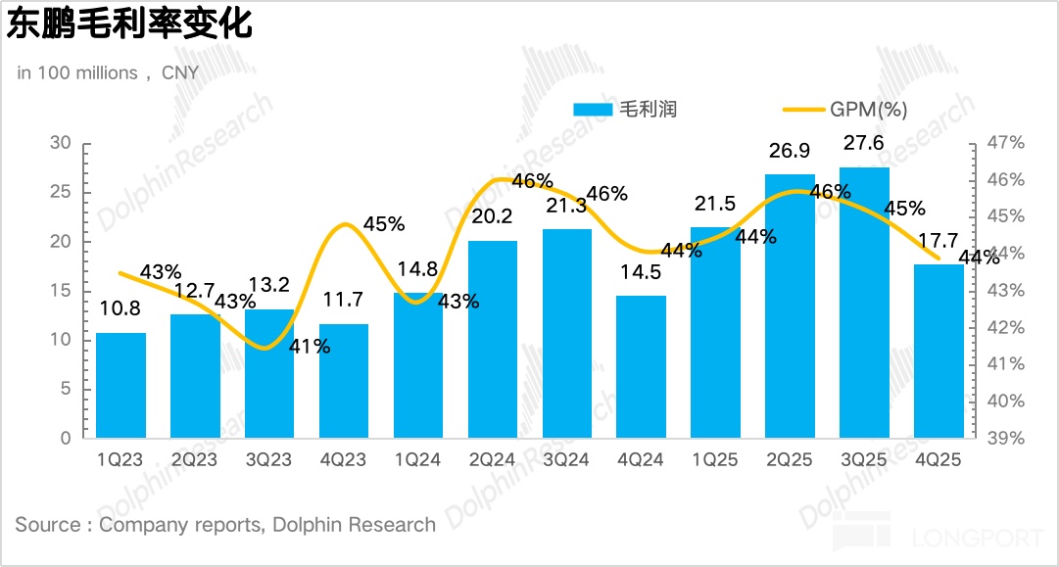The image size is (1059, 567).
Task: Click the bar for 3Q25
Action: click(x=864, y=303)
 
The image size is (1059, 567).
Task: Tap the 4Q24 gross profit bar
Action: click(x=641, y=366)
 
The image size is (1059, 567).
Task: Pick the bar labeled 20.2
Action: click(x=493, y=339)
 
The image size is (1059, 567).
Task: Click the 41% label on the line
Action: click(x=310, y=346)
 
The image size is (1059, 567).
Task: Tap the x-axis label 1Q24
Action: click(x=417, y=460)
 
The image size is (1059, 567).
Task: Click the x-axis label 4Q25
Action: click(x=938, y=460)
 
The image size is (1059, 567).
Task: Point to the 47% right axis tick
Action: click(x=1004, y=143)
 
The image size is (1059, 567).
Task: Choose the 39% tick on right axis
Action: click(x=1004, y=438)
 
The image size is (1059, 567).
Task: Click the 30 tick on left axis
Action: click(x=61, y=143)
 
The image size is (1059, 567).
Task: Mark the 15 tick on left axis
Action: click(x=61, y=291)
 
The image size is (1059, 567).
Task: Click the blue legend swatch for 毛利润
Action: click(x=592, y=110)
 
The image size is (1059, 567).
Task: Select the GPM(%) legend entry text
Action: click(x=868, y=110)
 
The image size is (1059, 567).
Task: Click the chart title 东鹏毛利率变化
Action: click(x=129, y=25)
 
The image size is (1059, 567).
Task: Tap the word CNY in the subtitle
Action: click(x=180, y=72)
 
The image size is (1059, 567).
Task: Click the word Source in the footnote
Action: click(x=48, y=524)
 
